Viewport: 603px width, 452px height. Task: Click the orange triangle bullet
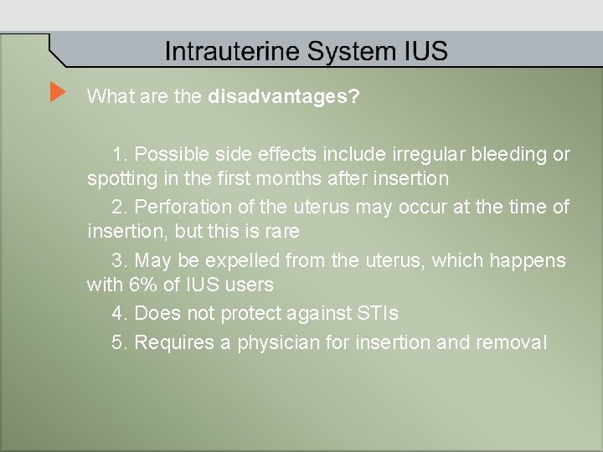pyautogui.click(x=57, y=91)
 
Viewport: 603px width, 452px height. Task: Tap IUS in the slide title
pyautogui.click(x=427, y=52)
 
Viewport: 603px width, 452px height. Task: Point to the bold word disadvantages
pyautogui.click(x=283, y=96)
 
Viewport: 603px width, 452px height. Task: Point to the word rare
pyautogui.click(x=282, y=230)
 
